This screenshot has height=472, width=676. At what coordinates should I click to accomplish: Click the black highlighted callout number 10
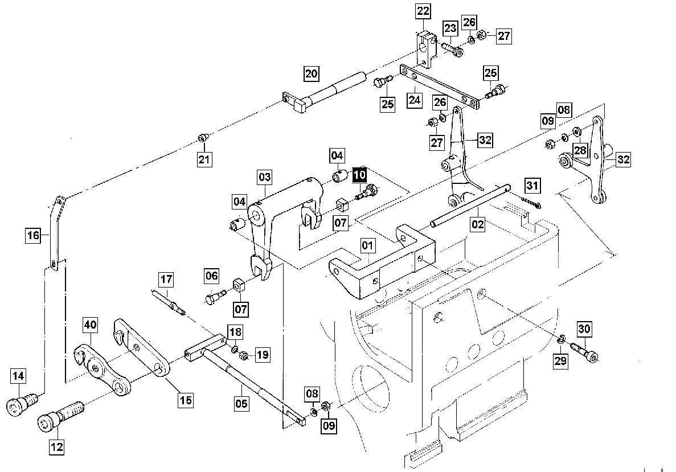click(359, 175)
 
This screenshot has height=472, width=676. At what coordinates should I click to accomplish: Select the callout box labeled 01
click(367, 246)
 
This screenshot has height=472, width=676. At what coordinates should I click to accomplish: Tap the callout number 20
click(312, 73)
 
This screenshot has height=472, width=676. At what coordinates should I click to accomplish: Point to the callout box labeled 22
click(423, 11)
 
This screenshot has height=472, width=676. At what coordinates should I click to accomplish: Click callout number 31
click(532, 186)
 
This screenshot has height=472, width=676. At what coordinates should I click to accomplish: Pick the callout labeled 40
click(90, 325)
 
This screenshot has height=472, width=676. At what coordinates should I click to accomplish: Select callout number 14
click(18, 376)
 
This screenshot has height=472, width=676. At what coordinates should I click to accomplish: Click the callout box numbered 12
click(57, 446)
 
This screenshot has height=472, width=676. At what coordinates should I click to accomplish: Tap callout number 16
click(33, 235)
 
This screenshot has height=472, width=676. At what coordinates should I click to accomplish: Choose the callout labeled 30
click(584, 329)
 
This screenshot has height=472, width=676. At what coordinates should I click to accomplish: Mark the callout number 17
click(166, 280)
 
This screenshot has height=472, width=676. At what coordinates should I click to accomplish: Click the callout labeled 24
click(414, 100)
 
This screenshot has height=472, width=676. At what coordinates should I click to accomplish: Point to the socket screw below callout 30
click(585, 352)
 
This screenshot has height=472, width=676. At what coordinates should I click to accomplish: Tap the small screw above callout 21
click(203, 138)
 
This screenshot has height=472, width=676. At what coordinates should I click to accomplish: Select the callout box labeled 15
click(186, 400)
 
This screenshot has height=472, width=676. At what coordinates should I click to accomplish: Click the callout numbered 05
click(241, 403)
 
